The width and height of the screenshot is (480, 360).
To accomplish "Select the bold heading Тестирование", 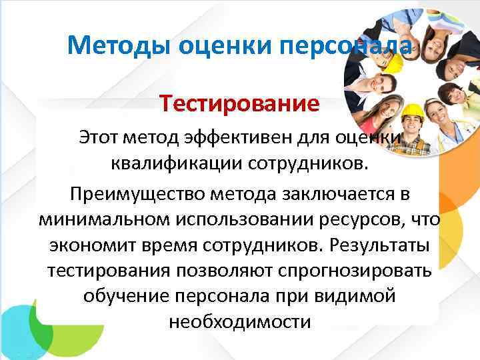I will (x=239, y=104).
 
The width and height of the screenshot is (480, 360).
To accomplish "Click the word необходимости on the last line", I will (x=240, y=321).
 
